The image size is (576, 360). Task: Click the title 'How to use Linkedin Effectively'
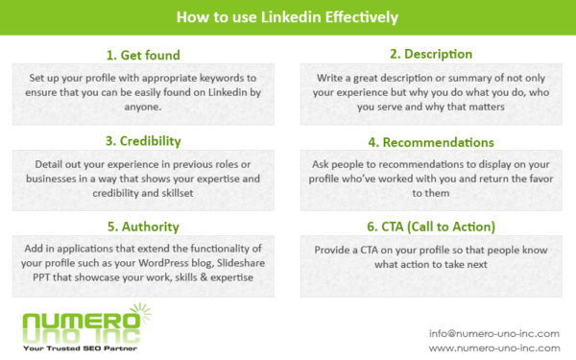pyautogui.click(x=288, y=17)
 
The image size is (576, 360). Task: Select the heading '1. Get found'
pyautogui.click(x=144, y=54)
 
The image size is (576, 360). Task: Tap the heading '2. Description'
pyautogui.click(x=431, y=54)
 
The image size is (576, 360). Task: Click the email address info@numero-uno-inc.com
pyautogui.click(x=496, y=333)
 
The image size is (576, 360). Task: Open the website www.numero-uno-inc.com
pyautogui.click(x=496, y=348)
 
